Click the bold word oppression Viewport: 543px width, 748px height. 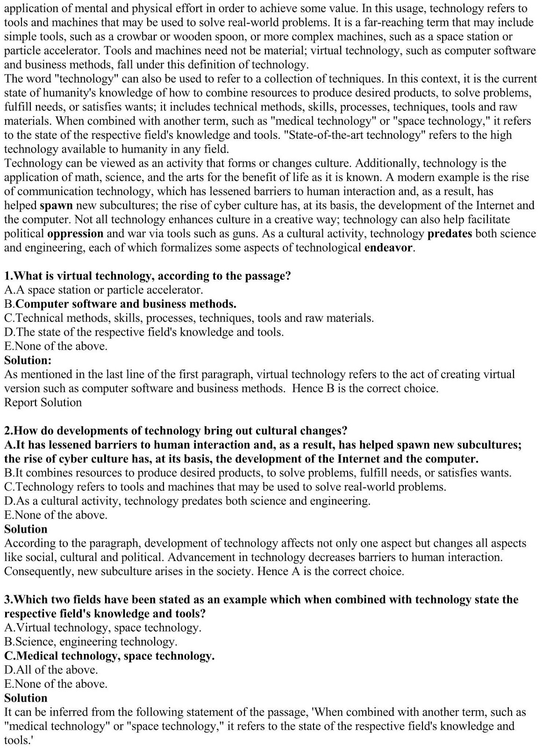coord(75,234)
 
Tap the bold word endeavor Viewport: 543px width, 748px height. coord(389,248)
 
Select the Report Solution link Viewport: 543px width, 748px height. coord(43,403)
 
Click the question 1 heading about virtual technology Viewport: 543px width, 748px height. coord(148,276)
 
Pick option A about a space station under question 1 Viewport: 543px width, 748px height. coord(104,290)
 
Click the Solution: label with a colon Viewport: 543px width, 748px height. coord(28,360)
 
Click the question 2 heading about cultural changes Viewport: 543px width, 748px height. coord(176,431)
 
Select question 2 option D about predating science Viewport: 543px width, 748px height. coord(187,501)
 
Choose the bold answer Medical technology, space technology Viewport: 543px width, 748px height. coord(109,656)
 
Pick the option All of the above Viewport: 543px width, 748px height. coord(51,670)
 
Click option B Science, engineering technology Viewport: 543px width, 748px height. coord(91,642)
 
